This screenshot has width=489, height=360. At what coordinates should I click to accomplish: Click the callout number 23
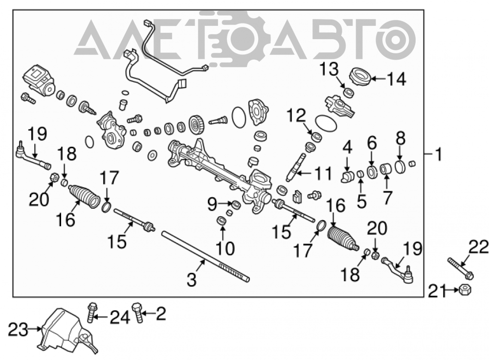click(x=18, y=330)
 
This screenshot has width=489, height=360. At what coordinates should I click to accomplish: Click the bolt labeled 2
click(x=137, y=312)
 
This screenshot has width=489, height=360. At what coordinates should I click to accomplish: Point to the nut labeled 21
click(x=465, y=290)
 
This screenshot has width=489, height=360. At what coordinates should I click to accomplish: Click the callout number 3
click(x=192, y=279)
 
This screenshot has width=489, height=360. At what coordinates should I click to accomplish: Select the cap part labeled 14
click(x=361, y=76)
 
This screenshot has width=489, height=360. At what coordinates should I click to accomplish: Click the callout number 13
click(x=329, y=69)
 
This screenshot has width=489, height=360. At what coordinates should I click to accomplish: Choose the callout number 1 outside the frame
click(x=439, y=154)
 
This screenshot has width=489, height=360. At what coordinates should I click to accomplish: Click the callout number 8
click(x=400, y=137)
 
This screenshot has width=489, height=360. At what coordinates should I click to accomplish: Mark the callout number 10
click(x=225, y=248)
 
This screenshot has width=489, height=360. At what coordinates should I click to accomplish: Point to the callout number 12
click(x=296, y=116)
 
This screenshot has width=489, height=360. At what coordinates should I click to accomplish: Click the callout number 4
click(x=347, y=147)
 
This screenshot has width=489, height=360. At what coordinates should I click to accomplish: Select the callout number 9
click(x=212, y=204)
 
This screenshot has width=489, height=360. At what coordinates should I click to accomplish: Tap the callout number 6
click(x=372, y=143)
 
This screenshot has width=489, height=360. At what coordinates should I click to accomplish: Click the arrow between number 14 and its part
click(x=378, y=79)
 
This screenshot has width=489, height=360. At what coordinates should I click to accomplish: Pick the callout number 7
click(x=387, y=198)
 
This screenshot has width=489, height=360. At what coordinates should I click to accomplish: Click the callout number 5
click(x=361, y=202)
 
